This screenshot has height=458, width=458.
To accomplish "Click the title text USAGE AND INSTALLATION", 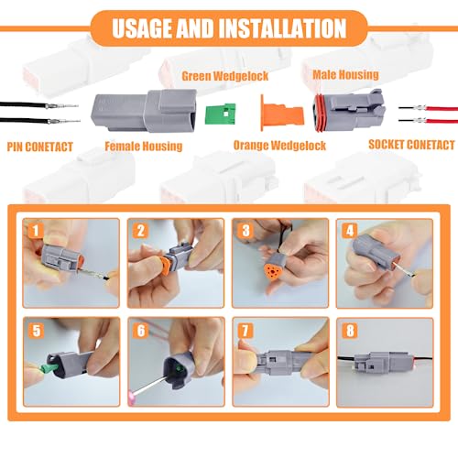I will (x=228, y=27).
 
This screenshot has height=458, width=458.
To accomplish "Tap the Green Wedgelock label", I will (x=224, y=77).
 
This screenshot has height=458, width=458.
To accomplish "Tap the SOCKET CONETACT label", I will (x=410, y=145).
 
